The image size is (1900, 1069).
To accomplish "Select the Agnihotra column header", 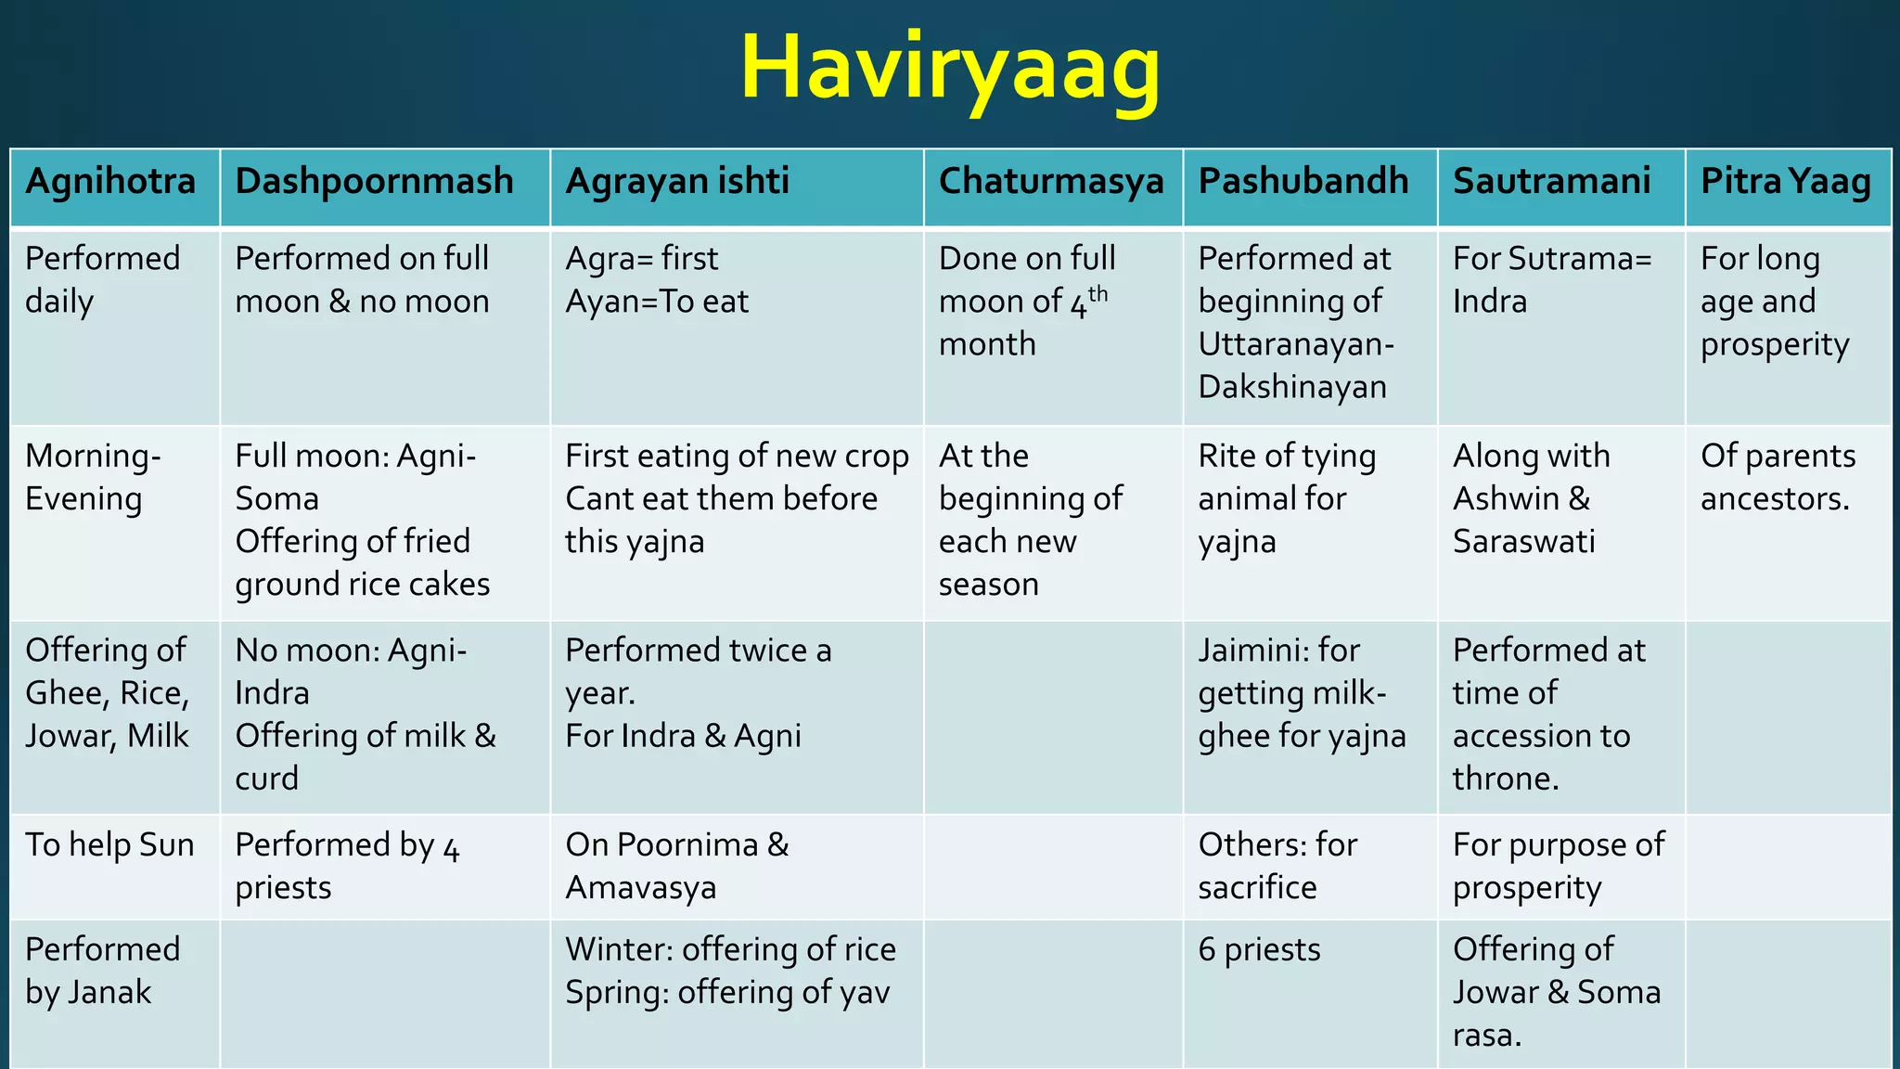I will point(110,181).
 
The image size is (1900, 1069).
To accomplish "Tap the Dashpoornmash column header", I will point(374,181).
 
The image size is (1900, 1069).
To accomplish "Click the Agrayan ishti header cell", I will point(677,181).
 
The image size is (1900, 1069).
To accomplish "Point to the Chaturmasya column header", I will point(1051,181).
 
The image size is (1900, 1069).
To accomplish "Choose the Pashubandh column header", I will point(1303,181).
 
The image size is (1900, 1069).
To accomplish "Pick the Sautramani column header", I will point(1551,181).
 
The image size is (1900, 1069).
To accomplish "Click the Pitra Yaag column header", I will point(1785,181).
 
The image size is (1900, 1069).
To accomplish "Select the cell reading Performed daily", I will point(102,279).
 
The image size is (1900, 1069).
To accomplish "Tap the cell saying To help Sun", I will point(109,845).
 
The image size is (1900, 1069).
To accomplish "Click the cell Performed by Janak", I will point(102,971).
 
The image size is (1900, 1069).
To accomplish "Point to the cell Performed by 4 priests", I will point(347,867).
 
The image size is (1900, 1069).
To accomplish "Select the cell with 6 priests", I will point(1259,950).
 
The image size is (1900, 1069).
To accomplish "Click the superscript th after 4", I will point(1098,294).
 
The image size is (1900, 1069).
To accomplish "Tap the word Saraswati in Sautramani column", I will point(1523,541).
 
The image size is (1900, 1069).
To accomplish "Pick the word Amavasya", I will point(640,888).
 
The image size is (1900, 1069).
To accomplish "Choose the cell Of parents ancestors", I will point(1778,477).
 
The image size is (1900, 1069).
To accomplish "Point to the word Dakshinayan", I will point(1291,387).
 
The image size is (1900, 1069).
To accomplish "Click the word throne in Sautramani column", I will point(1505,779).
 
